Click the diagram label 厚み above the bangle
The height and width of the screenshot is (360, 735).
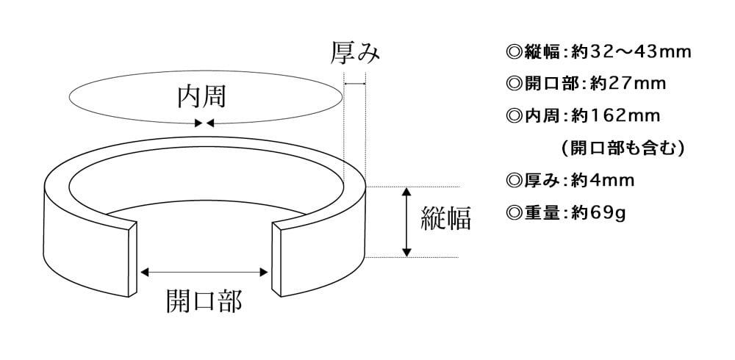pos(356,53)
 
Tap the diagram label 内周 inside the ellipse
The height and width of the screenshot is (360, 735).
pos(201,97)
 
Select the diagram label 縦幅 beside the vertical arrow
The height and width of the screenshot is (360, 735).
pos(445,218)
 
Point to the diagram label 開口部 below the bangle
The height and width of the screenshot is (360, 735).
pos(204,300)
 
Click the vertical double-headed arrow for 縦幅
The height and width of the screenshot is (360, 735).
pos(406,222)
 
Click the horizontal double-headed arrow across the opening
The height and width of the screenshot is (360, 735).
pos(204,273)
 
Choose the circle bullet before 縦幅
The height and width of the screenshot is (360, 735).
pos(513,52)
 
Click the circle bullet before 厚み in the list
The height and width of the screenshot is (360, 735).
pos(513,180)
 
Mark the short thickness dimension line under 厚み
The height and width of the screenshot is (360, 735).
pos(355,84)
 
